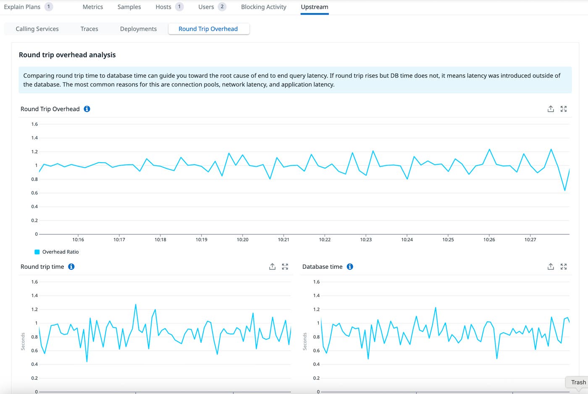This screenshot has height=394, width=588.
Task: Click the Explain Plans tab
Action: (x=22, y=7)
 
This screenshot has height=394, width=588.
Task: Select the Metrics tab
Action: (x=93, y=7)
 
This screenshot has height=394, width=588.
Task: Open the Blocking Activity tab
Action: (x=263, y=7)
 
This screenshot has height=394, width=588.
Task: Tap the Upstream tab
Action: (x=315, y=7)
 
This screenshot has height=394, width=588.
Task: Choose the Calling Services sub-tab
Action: (x=37, y=29)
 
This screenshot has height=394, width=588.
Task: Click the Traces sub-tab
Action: (x=89, y=29)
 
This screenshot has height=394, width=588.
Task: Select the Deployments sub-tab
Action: (x=138, y=29)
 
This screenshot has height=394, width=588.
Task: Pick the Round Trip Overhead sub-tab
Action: (x=208, y=29)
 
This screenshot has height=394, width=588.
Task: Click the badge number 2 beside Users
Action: (x=222, y=7)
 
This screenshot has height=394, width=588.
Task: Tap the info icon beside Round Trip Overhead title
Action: (x=87, y=109)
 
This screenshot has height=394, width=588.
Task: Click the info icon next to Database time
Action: (x=350, y=267)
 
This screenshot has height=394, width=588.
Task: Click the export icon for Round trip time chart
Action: (x=272, y=267)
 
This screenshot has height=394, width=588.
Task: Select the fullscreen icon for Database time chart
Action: (x=564, y=267)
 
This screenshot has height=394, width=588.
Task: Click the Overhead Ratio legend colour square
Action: (x=37, y=252)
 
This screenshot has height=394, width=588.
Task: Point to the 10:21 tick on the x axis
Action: (x=283, y=239)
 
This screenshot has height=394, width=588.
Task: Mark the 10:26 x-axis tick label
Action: (x=489, y=239)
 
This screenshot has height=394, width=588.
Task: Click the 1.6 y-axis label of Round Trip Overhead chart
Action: (x=34, y=124)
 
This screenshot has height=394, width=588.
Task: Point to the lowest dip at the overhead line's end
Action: (x=565, y=190)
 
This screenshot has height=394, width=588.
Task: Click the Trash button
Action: (x=578, y=382)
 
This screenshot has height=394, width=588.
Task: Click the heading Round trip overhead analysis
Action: (x=67, y=55)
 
